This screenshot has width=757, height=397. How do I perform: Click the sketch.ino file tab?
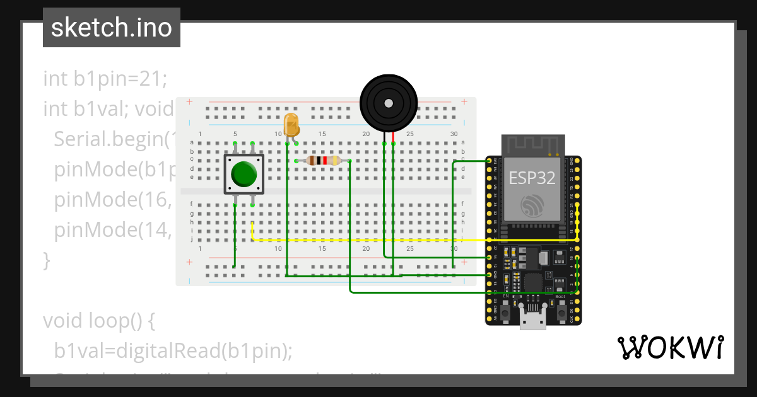point(112,28)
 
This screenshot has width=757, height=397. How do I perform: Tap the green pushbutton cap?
point(244,174)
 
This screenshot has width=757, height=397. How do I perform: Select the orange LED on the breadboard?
point(291,124)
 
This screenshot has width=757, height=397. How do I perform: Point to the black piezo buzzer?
point(389,103)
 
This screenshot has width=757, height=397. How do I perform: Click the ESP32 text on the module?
point(532,178)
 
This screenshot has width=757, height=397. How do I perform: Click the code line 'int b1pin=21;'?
point(105,79)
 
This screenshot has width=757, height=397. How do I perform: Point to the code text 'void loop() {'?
point(98,321)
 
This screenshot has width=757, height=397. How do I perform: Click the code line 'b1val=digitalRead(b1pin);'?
point(173,351)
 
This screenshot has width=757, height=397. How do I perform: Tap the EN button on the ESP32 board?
point(505,308)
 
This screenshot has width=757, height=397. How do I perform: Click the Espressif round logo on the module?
point(532,206)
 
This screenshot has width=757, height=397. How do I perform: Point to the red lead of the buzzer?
point(393,137)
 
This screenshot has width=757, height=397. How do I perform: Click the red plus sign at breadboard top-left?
point(189,102)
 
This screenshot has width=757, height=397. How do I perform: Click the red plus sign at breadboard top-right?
point(464,102)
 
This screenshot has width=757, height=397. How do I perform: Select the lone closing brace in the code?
point(46,260)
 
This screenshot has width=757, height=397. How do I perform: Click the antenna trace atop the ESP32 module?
point(532,145)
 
